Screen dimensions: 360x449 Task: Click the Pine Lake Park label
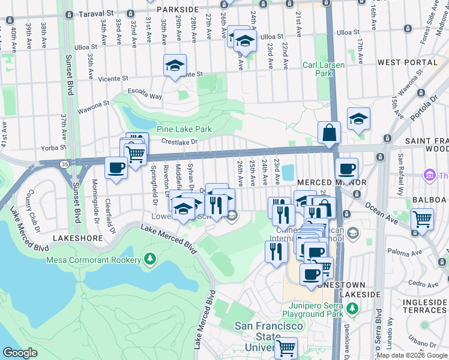184,129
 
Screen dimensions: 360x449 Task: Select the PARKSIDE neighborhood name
176,10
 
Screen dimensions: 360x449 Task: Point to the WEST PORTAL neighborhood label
405,62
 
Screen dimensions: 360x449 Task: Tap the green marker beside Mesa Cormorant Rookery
149,260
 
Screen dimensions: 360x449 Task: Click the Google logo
20,353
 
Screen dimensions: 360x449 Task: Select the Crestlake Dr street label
179,142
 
